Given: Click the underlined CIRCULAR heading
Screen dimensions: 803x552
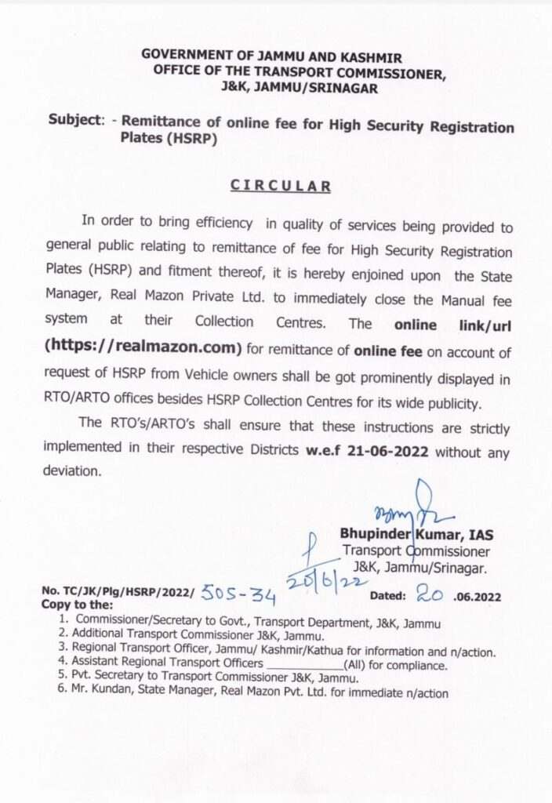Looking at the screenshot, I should coord(280,186).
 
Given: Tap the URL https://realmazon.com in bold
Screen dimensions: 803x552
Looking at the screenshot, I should coord(143,347).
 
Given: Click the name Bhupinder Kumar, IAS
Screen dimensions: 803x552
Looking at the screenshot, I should coord(416,535).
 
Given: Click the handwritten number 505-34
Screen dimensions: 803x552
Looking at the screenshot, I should coord(238,595).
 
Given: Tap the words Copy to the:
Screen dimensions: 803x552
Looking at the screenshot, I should coord(77,606).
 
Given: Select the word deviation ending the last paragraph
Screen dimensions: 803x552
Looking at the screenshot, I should coord(72,472).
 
